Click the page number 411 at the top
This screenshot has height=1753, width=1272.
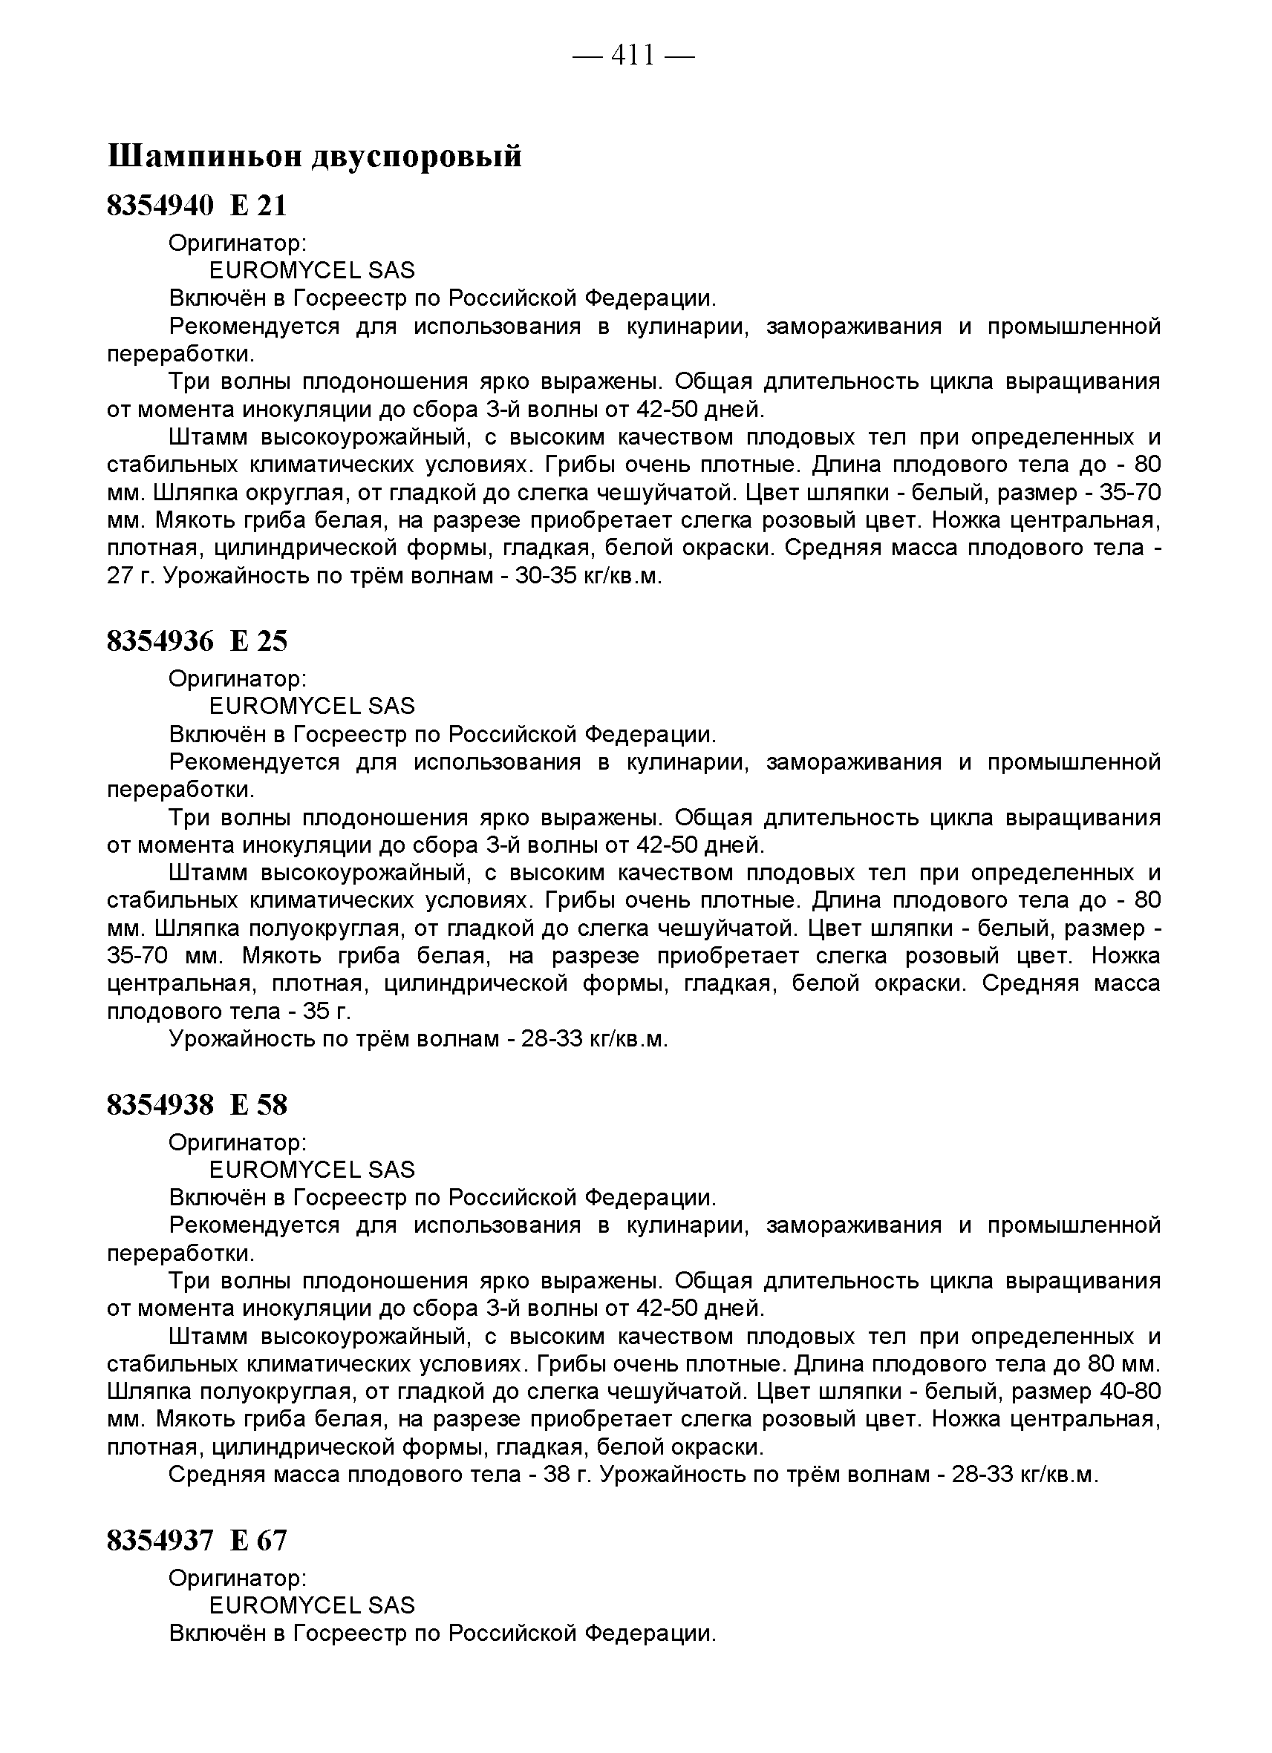pyautogui.click(x=633, y=56)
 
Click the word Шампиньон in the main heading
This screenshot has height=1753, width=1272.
pyautogui.click(x=205, y=156)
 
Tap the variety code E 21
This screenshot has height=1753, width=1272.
pyautogui.click(x=258, y=206)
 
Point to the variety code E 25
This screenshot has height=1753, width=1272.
pyautogui.click(x=258, y=640)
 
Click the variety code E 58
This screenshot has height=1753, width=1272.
pyautogui.click(x=258, y=1105)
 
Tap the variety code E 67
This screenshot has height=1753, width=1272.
pyautogui.click(x=258, y=1541)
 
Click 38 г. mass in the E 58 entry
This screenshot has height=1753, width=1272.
pyautogui.click(x=568, y=1475)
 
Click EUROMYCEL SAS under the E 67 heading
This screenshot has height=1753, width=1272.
pyautogui.click(x=312, y=1605)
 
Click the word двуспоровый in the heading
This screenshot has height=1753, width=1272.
pyautogui.click(x=417, y=156)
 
